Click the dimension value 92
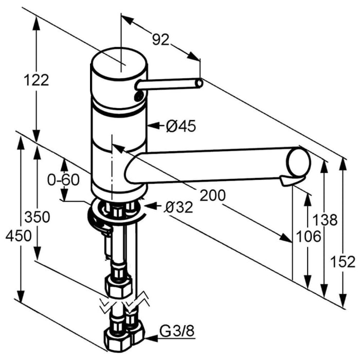point(160,40)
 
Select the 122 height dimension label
point(37,80)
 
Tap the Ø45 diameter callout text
point(181,126)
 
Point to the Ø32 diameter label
point(178,207)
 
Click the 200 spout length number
point(212,195)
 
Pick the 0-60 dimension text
point(63,179)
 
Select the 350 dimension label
point(37,217)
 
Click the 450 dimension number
point(19,236)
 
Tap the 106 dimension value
point(309,236)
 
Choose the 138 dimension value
point(326,220)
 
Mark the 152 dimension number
point(343,262)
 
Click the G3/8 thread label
point(177,331)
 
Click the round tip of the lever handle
point(200,83)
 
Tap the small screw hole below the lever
point(138,96)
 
